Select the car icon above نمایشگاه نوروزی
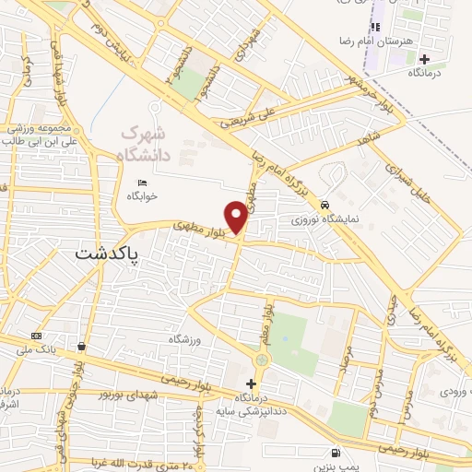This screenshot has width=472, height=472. point(324,205)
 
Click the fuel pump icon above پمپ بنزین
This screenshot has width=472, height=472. point(334,452)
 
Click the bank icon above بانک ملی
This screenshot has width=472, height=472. point(37,336)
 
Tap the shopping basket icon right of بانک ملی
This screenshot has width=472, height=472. point(83,347)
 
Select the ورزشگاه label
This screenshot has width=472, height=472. point(185,340)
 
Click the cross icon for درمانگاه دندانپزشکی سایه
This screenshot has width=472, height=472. point(251,383)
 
